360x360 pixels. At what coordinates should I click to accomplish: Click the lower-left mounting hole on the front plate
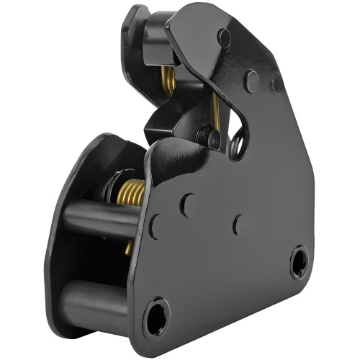[x=156, y=316]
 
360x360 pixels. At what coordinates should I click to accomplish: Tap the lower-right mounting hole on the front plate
[x=300, y=261]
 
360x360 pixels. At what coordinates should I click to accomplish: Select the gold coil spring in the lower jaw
[x=130, y=194]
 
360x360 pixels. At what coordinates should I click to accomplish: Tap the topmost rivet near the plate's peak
[x=225, y=38]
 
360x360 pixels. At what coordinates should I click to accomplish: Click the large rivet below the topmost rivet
[x=251, y=80]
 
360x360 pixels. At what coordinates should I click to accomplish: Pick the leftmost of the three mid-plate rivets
[x=155, y=226]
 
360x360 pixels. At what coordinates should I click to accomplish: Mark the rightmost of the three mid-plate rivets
[x=238, y=225]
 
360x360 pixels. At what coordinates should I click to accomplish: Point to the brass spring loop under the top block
[x=168, y=80]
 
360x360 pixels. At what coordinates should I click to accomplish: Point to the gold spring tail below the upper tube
[x=128, y=248]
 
